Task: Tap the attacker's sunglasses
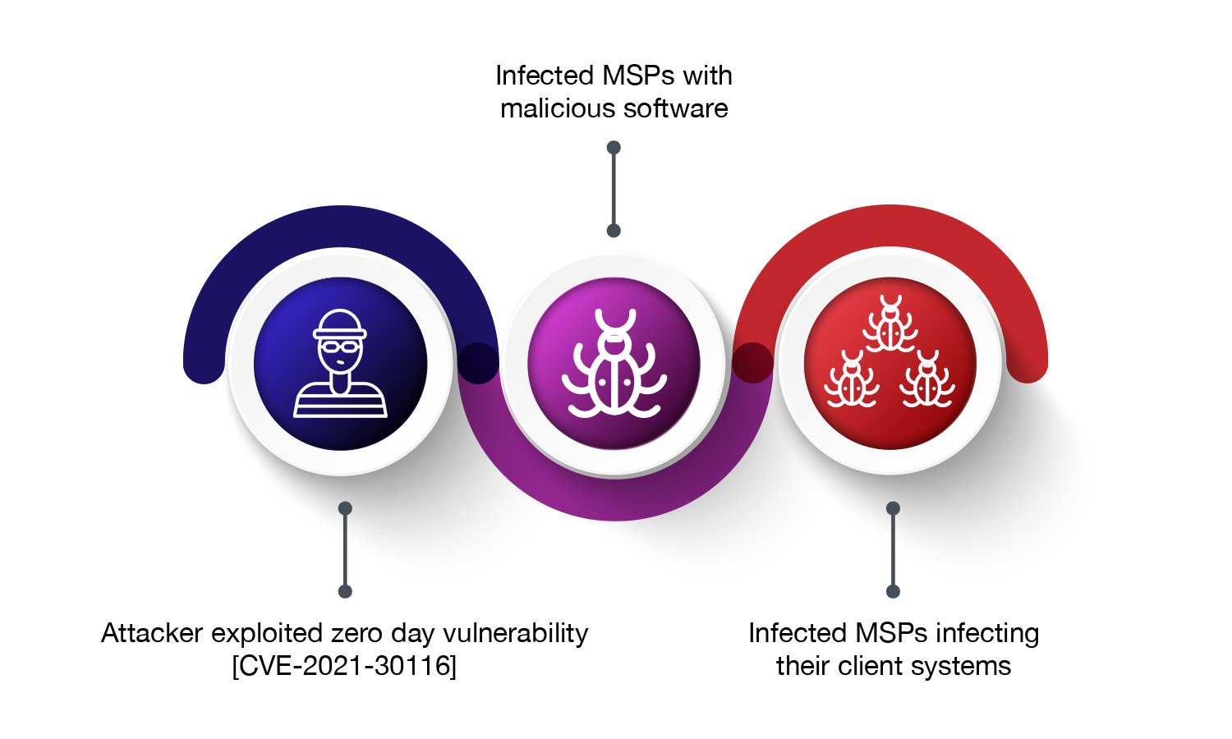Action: click(x=340, y=348)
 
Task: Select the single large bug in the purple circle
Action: click(x=614, y=365)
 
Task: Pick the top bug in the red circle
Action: click(x=890, y=324)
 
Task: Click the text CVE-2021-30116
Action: click(x=344, y=665)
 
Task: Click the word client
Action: click(x=871, y=665)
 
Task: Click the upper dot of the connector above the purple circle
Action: click(x=614, y=148)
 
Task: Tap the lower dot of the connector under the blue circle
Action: click(x=345, y=591)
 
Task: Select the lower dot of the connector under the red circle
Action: click(x=894, y=591)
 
